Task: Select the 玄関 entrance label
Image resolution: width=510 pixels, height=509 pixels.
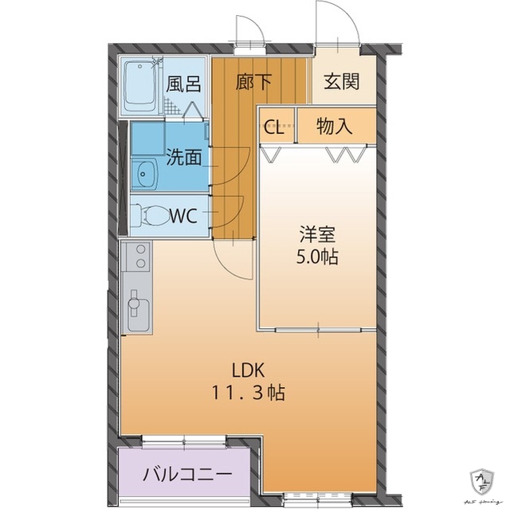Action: point(340,81)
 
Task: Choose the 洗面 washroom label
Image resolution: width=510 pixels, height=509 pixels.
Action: point(182,157)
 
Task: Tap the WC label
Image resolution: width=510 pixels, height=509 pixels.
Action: point(184,215)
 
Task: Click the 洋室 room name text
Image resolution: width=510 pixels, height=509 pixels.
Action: point(317,235)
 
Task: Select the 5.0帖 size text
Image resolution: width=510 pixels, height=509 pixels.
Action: point(317,257)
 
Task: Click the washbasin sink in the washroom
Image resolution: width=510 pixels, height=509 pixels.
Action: point(145,171)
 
